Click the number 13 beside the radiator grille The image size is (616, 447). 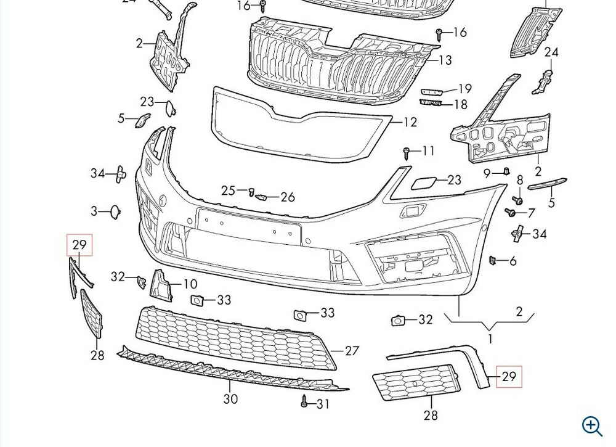click(445, 60)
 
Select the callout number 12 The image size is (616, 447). click(410, 122)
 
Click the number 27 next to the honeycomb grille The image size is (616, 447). click(352, 351)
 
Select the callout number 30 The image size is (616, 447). click(230, 399)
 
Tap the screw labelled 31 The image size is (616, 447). click(304, 402)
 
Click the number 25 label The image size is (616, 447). click(228, 191)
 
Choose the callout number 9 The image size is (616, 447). click(487, 173)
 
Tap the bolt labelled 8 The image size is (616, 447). click(519, 200)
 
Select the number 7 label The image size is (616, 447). click(531, 213)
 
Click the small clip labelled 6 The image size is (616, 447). click(493, 260)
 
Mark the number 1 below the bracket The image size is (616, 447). click(490, 338)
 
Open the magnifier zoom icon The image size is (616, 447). click(593, 425)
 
